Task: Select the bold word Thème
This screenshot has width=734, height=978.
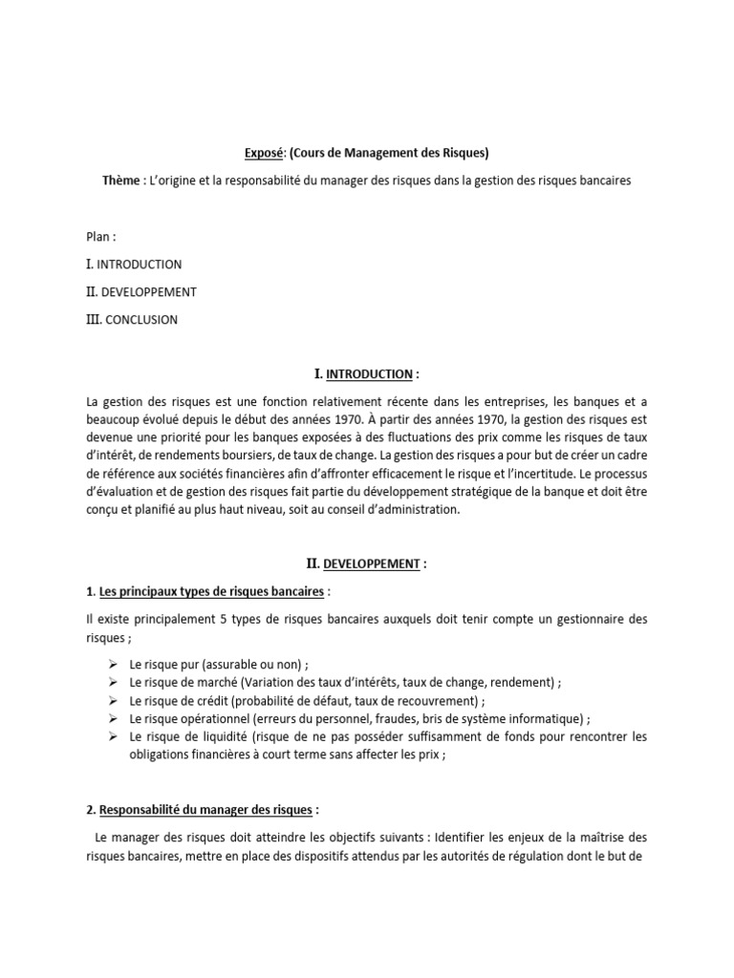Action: click(x=121, y=181)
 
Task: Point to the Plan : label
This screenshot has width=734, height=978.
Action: click(x=101, y=237)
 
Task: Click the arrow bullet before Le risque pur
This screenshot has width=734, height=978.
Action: click(x=112, y=665)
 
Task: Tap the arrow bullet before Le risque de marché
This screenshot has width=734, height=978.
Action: click(x=112, y=683)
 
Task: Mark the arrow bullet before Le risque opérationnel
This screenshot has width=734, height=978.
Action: click(x=112, y=718)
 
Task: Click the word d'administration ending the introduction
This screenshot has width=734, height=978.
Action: click(x=417, y=510)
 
